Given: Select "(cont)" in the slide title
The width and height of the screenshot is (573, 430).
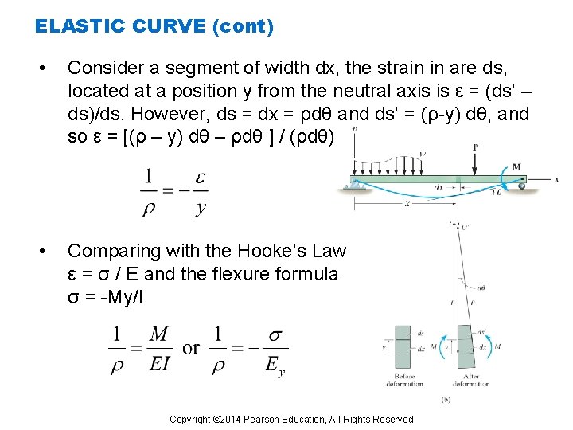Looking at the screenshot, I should [244, 27].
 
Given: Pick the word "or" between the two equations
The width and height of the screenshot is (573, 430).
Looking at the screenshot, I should [191, 349].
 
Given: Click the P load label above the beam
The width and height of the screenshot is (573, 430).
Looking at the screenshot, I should [475, 147].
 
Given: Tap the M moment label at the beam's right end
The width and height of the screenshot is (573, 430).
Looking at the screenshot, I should [516, 167].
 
